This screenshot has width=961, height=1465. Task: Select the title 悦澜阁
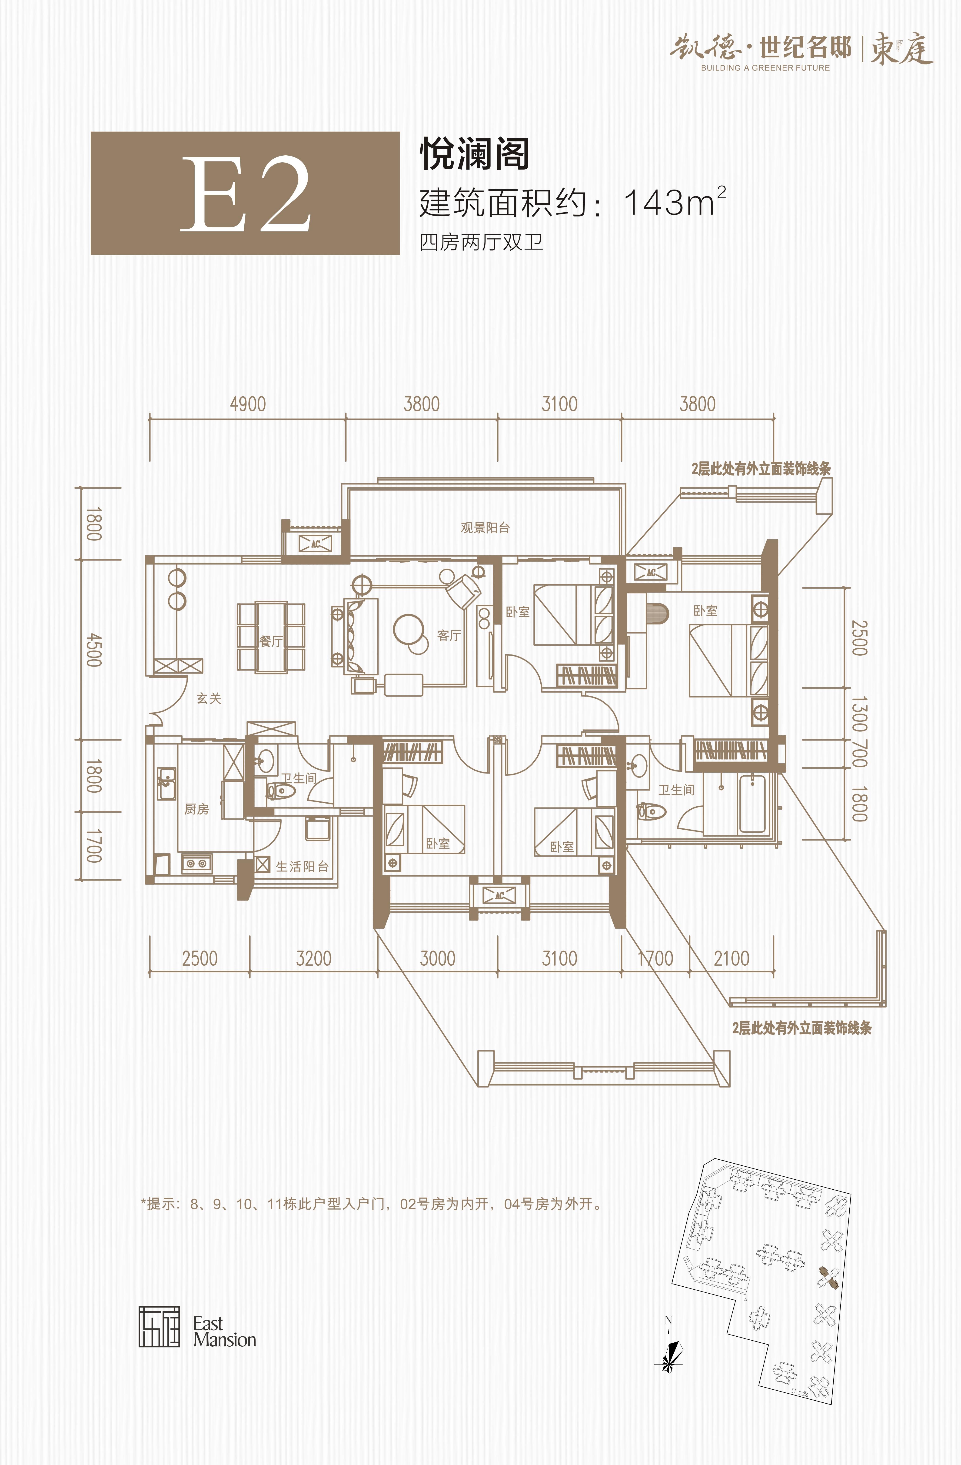474,154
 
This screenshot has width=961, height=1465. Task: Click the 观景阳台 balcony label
485,527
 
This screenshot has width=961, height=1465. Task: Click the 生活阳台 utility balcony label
302,867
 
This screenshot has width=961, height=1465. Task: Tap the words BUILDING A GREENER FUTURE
765,68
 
